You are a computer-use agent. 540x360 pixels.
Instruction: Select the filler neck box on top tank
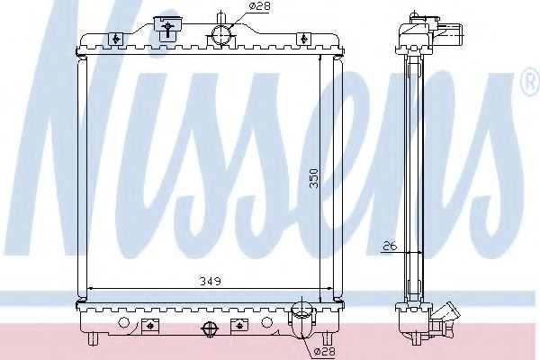(x=166, y=28)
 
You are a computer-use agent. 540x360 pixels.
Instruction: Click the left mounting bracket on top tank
(x=117, y=38)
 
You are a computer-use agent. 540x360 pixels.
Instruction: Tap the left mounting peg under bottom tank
(x=93, y=339)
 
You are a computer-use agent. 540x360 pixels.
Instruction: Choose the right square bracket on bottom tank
(x=238, y=323)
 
